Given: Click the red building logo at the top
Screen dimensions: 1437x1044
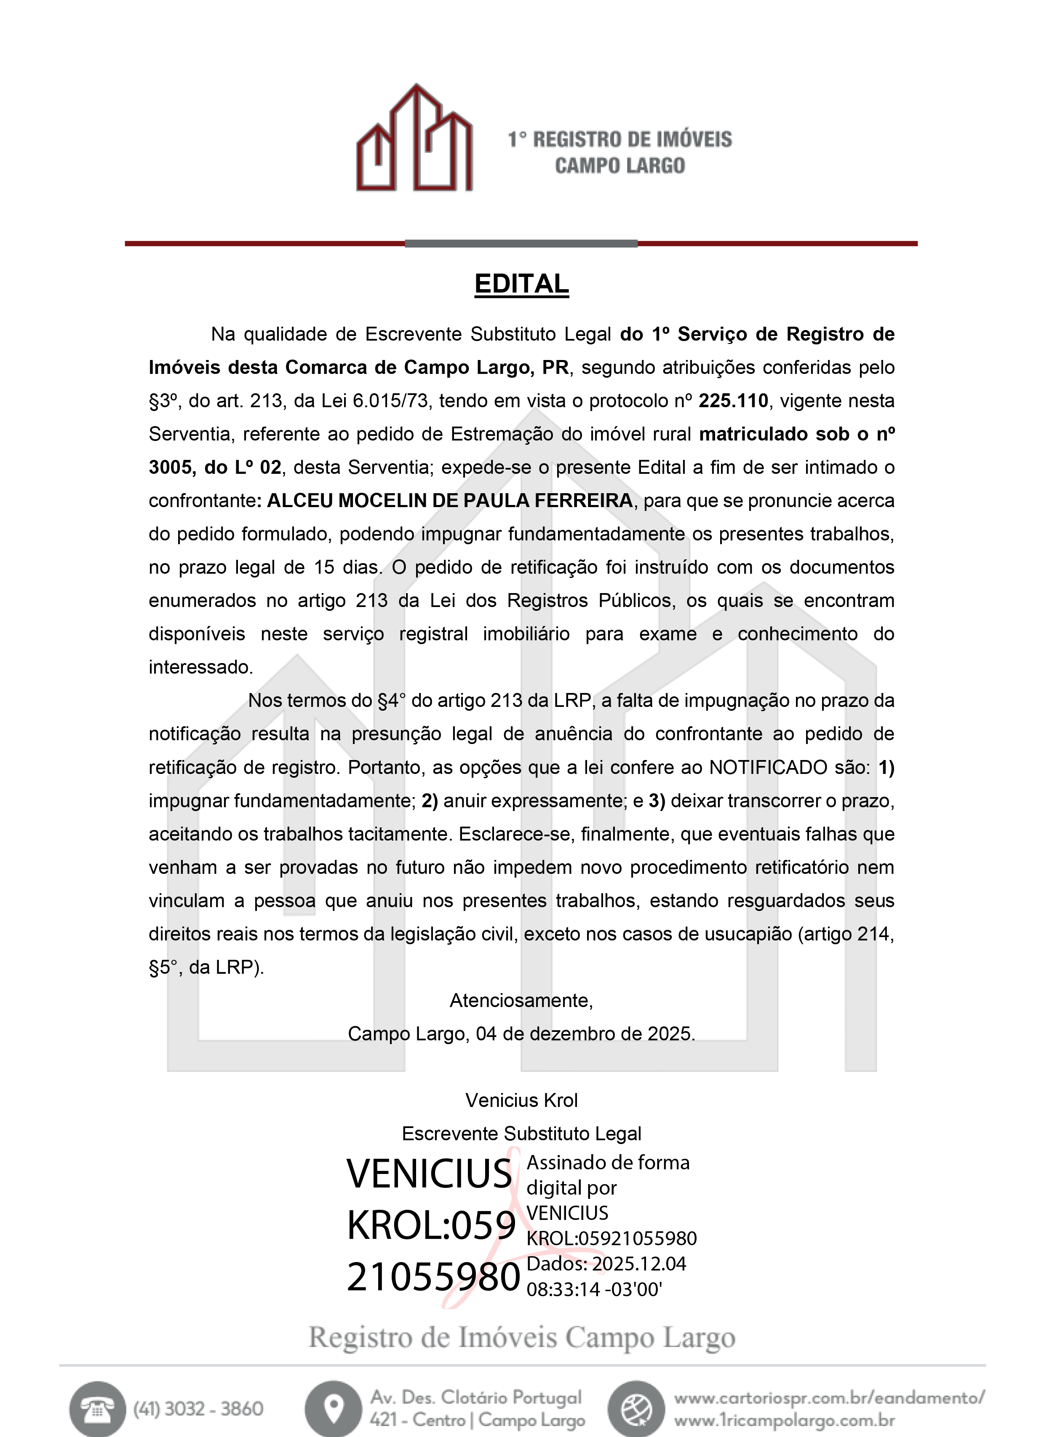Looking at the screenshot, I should click(415, 138).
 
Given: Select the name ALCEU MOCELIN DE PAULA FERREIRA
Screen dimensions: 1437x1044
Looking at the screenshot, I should click(449, 500).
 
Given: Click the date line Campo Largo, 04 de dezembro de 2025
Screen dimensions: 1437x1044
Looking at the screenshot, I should click(521, 1034).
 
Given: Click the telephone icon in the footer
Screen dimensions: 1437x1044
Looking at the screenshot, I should click(97, 1408).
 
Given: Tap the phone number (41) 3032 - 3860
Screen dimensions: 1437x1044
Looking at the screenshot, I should click(198, 1408).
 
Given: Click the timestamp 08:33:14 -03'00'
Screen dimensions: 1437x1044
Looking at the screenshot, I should click(594, 1289).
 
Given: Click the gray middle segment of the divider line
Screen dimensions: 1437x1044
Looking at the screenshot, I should click(521, 243).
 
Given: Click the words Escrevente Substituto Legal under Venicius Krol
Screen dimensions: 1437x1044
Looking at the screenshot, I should click(521, 1133).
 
